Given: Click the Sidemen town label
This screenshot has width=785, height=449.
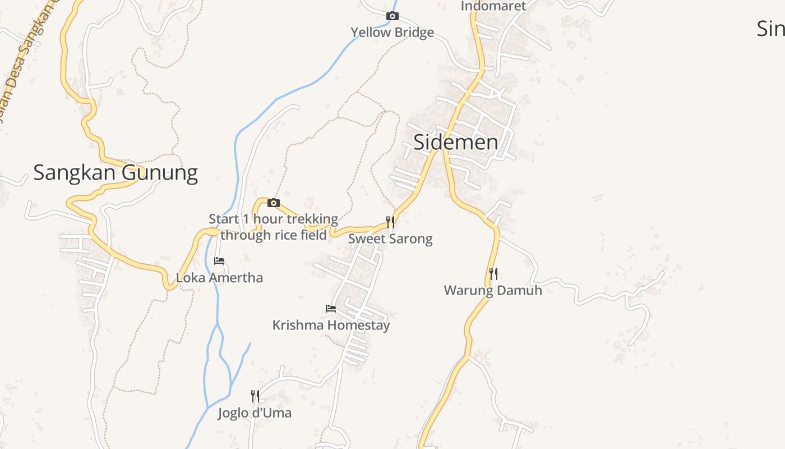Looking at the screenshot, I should coord(455,142).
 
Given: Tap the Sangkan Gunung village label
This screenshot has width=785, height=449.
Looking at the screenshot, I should coord(116,173).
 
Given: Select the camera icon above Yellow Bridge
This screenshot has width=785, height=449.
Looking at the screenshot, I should coord(392,16).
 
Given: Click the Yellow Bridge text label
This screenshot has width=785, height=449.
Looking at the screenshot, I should coord(392,33).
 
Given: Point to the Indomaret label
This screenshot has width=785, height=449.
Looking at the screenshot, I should coord(493,6).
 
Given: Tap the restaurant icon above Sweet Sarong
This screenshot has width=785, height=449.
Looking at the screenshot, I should coord(390,222).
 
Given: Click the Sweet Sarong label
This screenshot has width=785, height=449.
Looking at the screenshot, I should coord(390,239).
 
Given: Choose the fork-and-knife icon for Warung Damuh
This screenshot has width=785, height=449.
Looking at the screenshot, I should coord(493,274).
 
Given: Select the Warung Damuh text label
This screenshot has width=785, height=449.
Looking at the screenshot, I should coord(493,291).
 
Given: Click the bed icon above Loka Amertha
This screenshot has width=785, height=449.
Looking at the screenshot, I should coord(219,261).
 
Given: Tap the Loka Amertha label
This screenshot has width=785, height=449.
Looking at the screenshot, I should coord(219,278).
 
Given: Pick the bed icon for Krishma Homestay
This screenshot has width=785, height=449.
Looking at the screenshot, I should coord(331,308).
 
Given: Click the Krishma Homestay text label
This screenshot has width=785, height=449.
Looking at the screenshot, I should coord(331,326).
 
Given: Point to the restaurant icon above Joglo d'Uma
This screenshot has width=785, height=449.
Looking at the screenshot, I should coord(255,396).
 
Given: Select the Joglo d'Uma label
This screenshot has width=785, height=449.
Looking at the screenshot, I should coord(255,414).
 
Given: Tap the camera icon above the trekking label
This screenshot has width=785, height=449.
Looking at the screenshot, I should coord(274,203).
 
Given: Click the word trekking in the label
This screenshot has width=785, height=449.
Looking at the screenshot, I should coord(312,219).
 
